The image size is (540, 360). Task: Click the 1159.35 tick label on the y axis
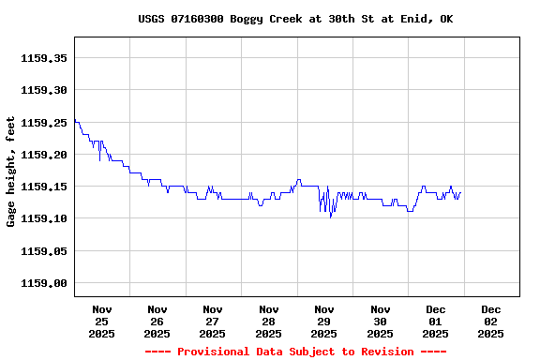pyautogui.click(x=44, y=58)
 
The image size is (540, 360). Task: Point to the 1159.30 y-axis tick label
pyautogui.click(x=44, y=90)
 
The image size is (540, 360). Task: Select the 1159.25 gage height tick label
pyautogui.click(x=44, y=122)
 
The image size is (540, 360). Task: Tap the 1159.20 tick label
pyautogui.click(x=44, y=155)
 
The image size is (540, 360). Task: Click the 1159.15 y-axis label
pyautogui.click(x=44, y=187)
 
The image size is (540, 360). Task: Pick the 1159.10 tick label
pyautogui.click(x=44, y=218)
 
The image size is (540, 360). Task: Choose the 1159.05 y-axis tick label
pyautogui.click(x=44, y=251)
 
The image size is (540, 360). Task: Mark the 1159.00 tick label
pyautogui.click(x=44, y=283)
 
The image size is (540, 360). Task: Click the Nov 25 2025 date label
pyautogui.click(x=102, y=321)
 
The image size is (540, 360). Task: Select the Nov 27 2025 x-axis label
pyautogui.click(x=213, y=321)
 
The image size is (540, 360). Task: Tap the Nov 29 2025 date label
pyautogui.click(x=324, y=321)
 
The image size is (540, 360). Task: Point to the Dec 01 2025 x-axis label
pyautogui.click(x=436, y=321)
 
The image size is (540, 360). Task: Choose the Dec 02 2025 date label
pyautogui.click(x=491, y=321)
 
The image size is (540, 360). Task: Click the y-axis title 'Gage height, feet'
pyautogui.click(x=11, y=172)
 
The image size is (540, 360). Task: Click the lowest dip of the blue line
pyautogui.click(x=330, y=217)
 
